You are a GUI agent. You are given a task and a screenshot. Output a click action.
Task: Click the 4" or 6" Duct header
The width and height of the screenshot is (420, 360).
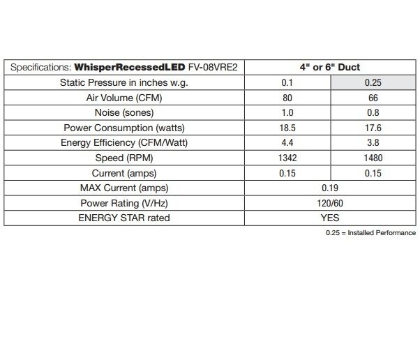(330, 68)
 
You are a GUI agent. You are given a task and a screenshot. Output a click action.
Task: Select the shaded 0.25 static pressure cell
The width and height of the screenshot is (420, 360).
(373, 83)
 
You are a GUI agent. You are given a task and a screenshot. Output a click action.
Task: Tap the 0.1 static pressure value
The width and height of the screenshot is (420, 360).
(287, 83)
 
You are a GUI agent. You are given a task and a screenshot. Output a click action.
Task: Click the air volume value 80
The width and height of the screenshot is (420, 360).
(287, 98)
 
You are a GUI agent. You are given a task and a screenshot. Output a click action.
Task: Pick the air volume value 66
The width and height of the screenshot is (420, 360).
(373, 98)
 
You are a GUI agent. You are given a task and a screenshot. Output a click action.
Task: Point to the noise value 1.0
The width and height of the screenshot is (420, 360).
(287, 113)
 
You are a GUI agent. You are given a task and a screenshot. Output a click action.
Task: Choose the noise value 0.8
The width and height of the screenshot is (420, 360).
(373, 113)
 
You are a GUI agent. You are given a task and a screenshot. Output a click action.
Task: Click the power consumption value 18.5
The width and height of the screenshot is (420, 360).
(287, 128)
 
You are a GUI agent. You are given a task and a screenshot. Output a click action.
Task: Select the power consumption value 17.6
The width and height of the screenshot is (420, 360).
(373, 128)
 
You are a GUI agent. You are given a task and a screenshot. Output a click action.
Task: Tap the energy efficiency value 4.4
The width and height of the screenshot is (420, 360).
(287, 143)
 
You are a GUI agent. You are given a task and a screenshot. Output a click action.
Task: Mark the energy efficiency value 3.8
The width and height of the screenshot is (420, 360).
(373, 143)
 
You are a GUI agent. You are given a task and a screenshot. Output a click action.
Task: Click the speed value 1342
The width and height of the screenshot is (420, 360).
(287, 158)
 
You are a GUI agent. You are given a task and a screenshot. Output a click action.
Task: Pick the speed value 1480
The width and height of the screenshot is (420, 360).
(373, 158)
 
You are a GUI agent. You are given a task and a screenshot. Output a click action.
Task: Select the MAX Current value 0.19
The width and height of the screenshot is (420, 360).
(330, 188)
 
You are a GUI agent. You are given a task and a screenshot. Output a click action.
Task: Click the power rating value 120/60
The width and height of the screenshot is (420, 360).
(330, 203)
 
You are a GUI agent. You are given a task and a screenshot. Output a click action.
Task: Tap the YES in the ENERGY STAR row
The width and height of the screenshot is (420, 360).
(330, 218)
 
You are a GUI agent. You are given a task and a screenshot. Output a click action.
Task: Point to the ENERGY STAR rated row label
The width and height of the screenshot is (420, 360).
(123, 218)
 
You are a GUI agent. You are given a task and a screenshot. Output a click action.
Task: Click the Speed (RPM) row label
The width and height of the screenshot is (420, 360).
(123, 158)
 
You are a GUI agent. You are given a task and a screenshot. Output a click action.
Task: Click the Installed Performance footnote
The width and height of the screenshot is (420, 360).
(370, 232)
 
